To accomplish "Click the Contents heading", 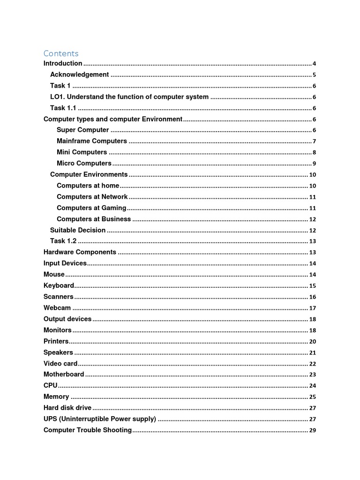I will (x=61, y=53).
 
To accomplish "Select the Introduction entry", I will (x=63, y=63).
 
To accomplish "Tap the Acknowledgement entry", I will (x=79, y=75).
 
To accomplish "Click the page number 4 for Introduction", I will (x=314, y=64).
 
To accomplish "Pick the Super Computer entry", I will (x=82, y=130).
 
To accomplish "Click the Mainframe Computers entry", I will (x=91, y=141).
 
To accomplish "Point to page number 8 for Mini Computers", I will (x=314, y=152).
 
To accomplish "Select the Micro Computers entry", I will (x=84, y=164).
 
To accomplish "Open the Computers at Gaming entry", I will (x=91, y=208).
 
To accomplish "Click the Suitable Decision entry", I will (x=78, y=230).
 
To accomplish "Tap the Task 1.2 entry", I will (x=63, y=241).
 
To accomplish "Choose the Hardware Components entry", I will (x=80, y=252).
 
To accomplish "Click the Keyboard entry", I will (x=59, y=285).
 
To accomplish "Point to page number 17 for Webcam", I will (x=313, y=308).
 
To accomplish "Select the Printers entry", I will (x=56, y=341).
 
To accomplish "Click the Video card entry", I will (x=60, y=363).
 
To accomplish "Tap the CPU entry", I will (x=51, y=385).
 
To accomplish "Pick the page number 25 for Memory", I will (x=313, y=397).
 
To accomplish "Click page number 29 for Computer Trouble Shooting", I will (x=313, y=430).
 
